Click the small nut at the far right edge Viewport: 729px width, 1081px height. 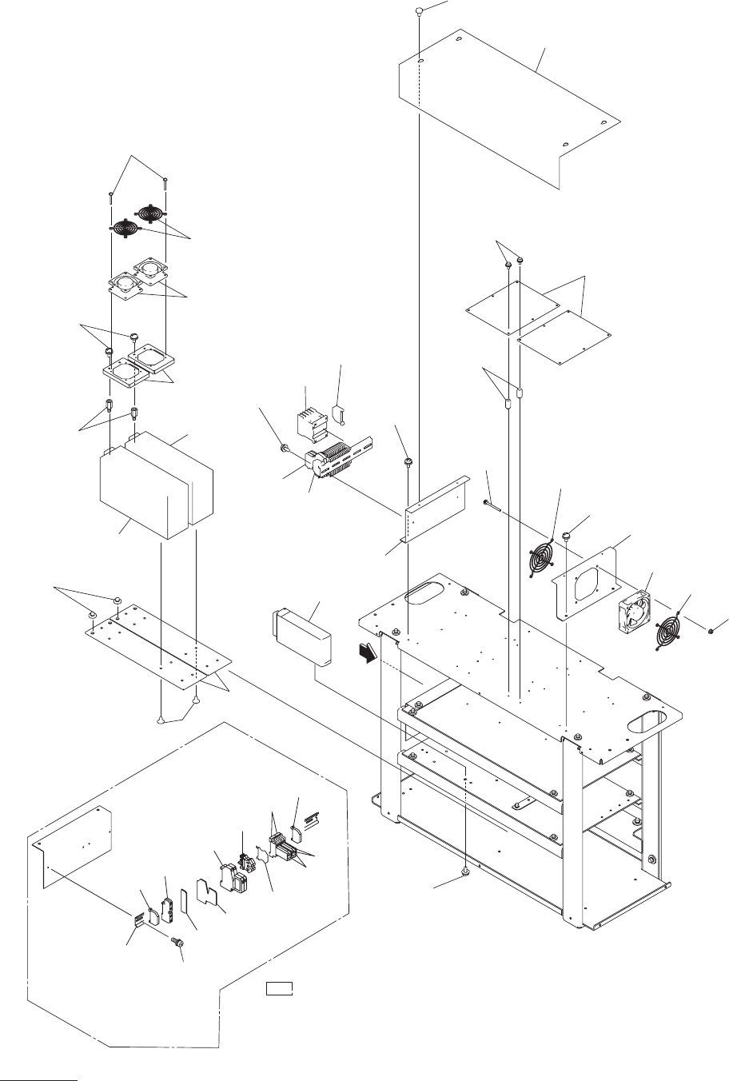[711, 632]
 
